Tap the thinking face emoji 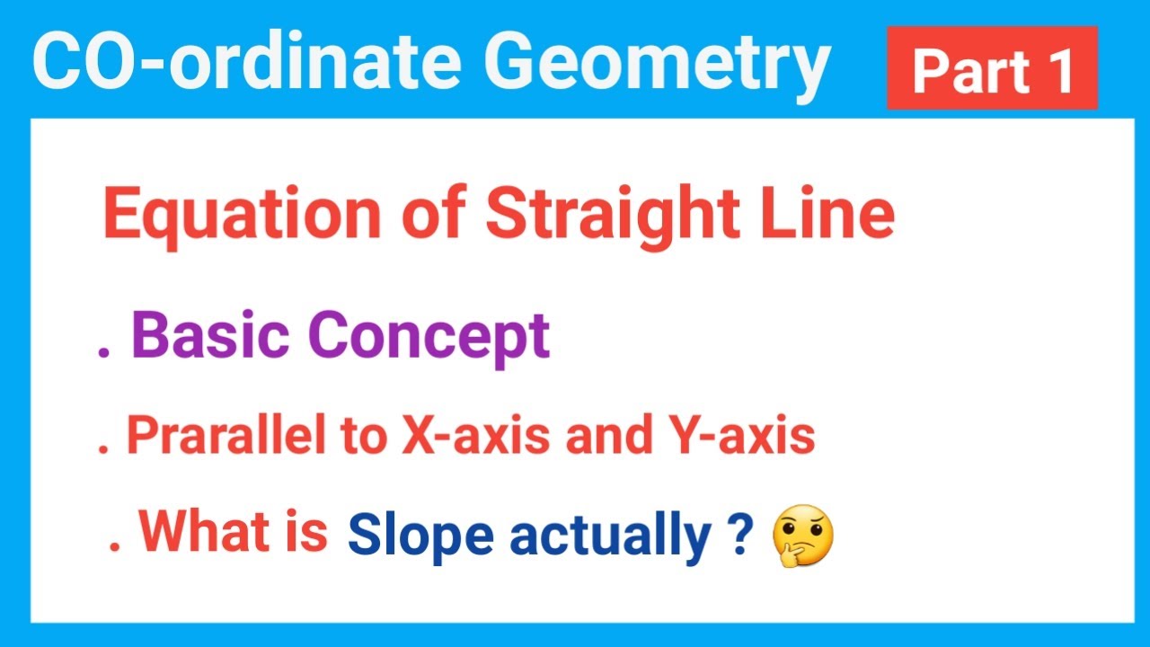[x=802, y=536]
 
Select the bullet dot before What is [x=114, y=545]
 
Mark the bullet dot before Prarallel [x=104, y=448]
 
